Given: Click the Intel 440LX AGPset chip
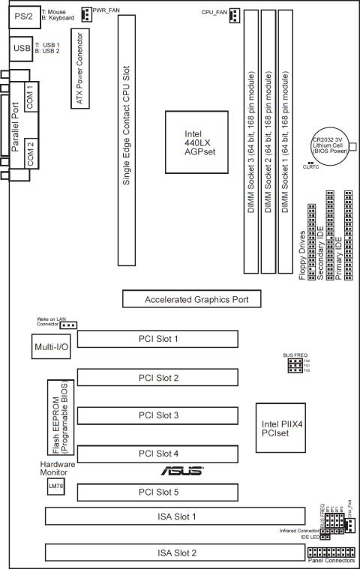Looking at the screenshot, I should point(194,140).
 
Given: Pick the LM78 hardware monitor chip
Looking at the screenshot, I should point(54,487).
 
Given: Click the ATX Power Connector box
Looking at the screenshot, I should point(79,68).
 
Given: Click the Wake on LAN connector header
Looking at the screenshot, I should point(69,325).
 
